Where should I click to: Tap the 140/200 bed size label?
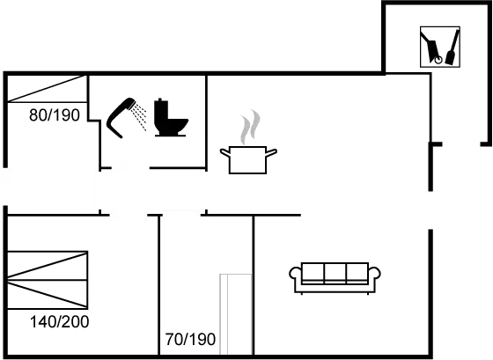(59, 321)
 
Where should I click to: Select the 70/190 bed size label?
(191, 337)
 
